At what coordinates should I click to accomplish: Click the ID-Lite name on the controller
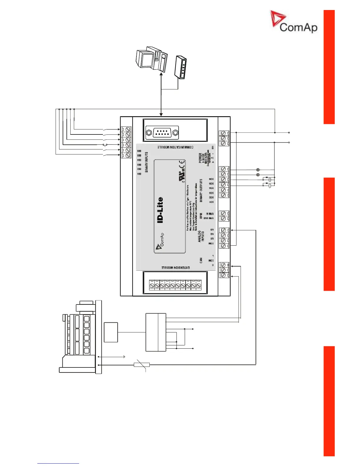[160, 210]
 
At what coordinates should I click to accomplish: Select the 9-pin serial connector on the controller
[162, 133]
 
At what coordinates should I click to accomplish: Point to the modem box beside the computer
[181, 67]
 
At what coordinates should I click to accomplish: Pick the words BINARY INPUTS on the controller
[146, 162]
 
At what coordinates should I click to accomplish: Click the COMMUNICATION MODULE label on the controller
[175, 147]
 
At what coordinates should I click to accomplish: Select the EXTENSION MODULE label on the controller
[176, 268]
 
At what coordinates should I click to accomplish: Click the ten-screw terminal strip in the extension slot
[175, 285]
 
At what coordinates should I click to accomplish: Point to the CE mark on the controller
[182, 164]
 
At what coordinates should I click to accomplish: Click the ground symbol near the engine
[124, 357]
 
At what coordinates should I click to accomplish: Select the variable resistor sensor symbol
[142, 365]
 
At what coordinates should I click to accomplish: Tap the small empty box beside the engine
[111, 332]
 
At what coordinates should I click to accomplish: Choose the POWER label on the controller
[200, 158]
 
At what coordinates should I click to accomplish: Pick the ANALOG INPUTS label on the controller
[201, 236]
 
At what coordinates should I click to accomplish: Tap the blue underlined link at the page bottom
[58, 463]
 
